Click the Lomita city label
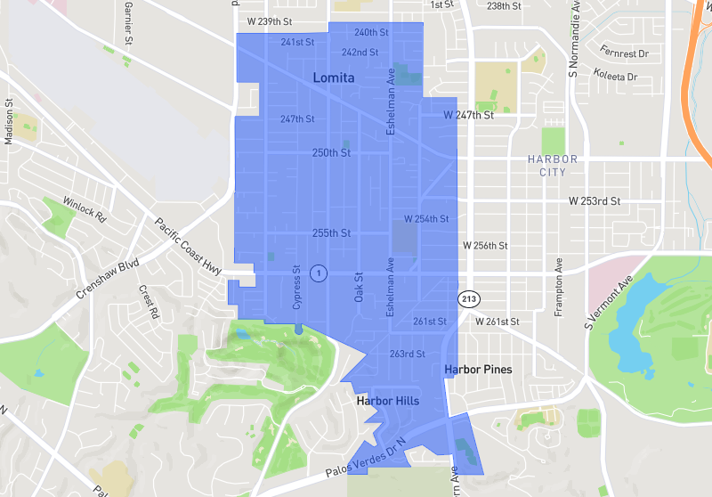(x=334, y=78)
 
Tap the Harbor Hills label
(x=386, y=402)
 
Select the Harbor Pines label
(x=478, y=369)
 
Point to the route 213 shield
(x=469, y=298)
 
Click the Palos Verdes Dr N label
(x=364, y=454)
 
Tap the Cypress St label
(x=297, y=287)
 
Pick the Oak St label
(x=360, y=286)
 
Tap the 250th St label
(x=332, y=153)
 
